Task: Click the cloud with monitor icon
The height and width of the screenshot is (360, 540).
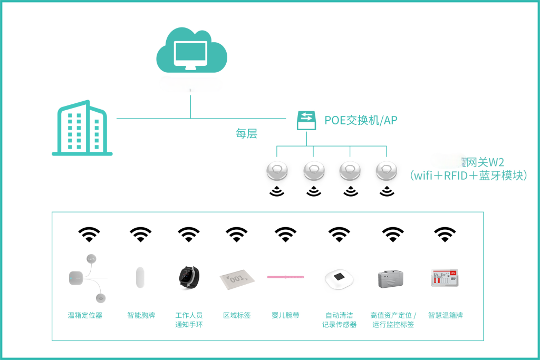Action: (x=191, y=51)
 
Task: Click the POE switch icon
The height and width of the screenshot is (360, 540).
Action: (x=306, y=120)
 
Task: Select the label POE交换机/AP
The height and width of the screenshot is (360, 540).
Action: (x=361, y=120)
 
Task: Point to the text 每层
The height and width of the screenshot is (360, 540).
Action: (x=246, y=133)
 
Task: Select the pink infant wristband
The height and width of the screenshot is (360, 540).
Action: (x=286, y=276)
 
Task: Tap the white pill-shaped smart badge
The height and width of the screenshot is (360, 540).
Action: (x=140, y=277)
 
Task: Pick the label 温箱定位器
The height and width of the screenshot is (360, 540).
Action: (x=85, y=315)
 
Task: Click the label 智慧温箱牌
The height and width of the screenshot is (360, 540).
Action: (x=445, y=315)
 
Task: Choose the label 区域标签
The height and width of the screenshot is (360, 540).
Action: (x=237, y=315)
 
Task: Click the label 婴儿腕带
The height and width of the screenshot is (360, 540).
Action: (x=285, y=315)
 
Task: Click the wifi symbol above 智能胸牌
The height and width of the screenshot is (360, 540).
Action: (x=140, y=234)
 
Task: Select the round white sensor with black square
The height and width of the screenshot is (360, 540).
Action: (x=339, y=278)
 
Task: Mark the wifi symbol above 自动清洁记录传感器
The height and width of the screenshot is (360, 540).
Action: (x=339, y=234)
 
